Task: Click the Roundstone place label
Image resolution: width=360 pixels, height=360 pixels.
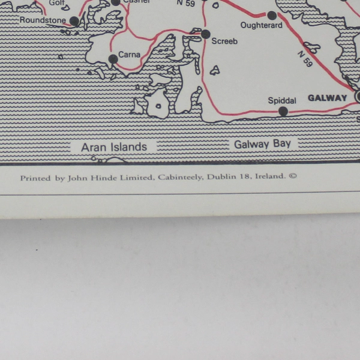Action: [x=42, y=20]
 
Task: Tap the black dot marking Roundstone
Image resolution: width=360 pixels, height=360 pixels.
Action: [x=74, y=22]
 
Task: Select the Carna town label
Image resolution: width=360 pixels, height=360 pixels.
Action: [x=129, y=55]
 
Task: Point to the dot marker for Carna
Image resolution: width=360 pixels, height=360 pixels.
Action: [x=113, y=59]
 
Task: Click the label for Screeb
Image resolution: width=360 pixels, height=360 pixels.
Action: [x=224, y=41]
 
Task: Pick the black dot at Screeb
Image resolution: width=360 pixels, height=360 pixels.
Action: [x=206, y=34]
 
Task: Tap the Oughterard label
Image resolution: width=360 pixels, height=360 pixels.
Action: [x=261, y=25]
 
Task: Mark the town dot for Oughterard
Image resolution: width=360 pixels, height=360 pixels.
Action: [x=272, y=16]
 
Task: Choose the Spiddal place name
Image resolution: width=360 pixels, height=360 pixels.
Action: [x=281, y=100]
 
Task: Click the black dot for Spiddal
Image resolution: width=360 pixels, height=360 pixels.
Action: [x=283, y=111]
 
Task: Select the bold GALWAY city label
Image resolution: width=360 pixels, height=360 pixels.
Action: [x=328, y=98]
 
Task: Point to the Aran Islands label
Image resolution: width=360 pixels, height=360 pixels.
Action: [x=114, y=147]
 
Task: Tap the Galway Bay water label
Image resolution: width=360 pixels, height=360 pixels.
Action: [x=262, y=145]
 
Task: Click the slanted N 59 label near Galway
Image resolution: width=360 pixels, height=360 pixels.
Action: [x=305, y=59]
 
